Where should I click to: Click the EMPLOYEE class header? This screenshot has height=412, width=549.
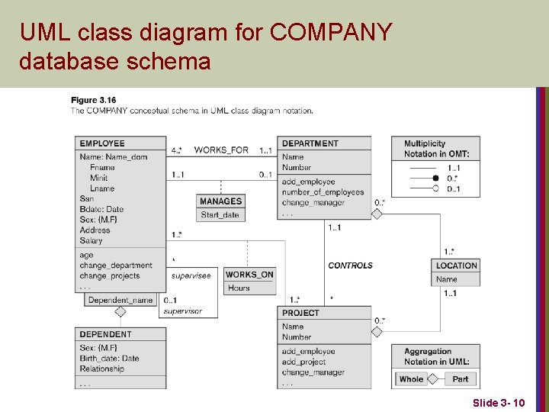[102, 143]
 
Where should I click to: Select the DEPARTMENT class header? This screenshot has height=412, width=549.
[310, 143]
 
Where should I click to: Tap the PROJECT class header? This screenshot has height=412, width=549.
[300, 313]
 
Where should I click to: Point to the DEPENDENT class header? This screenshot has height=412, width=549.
[105, 334]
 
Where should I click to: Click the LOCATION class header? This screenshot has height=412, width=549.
[457, 266]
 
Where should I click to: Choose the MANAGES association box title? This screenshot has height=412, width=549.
[220, 201]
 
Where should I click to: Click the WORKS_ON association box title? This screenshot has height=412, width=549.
[249, 275]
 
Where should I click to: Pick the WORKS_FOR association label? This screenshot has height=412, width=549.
[221, 150]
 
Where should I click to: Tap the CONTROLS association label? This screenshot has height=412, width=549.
[350, 266]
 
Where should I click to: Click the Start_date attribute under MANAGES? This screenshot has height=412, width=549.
[220, 214]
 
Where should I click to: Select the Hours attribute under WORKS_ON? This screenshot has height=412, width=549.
[239, 288]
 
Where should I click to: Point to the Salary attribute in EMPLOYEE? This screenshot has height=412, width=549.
[91, 240]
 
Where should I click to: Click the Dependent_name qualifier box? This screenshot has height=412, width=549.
[120, 300]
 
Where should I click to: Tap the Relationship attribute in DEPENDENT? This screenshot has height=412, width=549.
[101, 369]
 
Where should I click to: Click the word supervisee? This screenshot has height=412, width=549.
[191, 275]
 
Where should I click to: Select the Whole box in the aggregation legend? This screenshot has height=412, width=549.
[411, 378]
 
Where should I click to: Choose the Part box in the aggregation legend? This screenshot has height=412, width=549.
[461, 378]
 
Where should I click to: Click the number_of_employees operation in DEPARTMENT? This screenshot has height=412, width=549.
[323, 192]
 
